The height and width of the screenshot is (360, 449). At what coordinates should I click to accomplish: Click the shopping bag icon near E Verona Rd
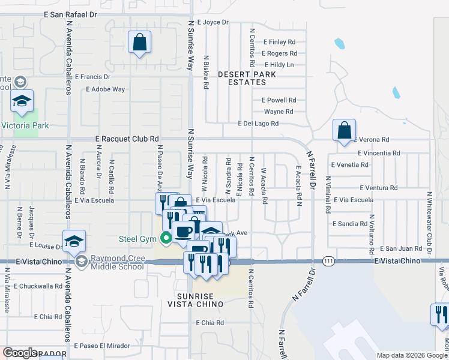tap(345, 130)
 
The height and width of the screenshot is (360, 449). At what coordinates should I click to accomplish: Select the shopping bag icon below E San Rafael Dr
tap(139, 43)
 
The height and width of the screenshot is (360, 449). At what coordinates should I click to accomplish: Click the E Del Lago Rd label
tap(258, 124)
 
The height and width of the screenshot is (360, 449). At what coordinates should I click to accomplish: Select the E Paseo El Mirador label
tap(102, 346)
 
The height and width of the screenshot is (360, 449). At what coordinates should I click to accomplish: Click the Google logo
tap(19, 353)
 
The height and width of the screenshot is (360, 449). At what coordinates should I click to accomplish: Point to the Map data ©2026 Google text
tap(412, 355)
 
